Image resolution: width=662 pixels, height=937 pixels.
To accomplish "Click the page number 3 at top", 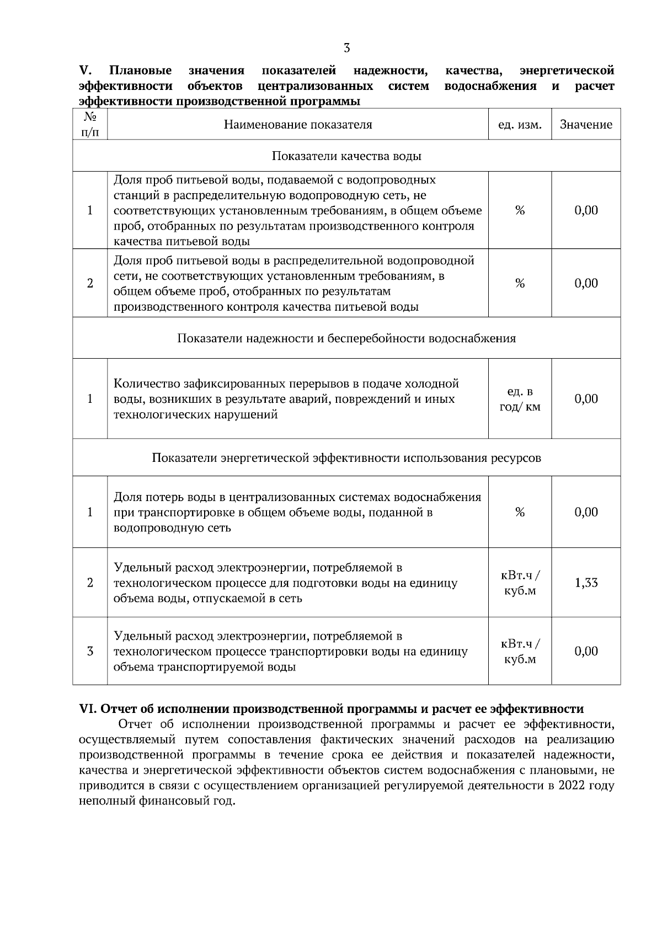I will (346, 48).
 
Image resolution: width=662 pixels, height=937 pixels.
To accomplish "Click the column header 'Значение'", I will (586, 125).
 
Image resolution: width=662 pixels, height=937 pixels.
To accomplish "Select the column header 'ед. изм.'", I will (519, 125).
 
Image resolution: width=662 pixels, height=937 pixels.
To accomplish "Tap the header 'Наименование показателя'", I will (298, 125).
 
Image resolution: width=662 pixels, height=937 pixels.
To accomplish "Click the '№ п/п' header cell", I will (90, 125).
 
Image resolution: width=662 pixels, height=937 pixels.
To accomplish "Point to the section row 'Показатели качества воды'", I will (346, 156).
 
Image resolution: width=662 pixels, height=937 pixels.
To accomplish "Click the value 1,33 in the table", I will (586, 583).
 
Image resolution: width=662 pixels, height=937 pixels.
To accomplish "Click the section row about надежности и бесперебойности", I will (346, 338).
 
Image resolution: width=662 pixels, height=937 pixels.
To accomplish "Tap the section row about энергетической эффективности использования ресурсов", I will (346, 458).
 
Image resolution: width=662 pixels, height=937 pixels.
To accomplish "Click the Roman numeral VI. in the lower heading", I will (88, 709).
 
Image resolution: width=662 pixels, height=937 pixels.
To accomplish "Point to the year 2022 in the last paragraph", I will (571, 786).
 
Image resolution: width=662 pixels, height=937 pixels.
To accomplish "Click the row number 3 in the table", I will (90, 652).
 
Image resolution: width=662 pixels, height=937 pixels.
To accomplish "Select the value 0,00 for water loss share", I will (586, 512).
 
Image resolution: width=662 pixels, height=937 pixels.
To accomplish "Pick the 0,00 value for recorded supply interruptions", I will (586, 399).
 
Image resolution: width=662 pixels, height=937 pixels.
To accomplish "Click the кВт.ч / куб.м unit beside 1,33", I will (520, 583).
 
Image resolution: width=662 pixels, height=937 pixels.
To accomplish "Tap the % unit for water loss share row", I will (520, 512).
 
